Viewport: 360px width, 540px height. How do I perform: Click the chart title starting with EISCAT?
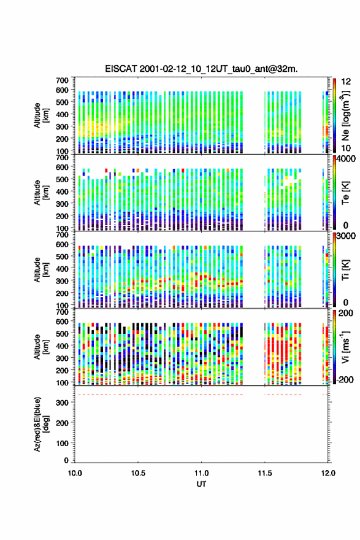point(201,69)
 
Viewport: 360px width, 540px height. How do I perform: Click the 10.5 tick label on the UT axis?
point(138,473)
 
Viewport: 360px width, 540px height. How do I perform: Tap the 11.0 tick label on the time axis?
point(201,473)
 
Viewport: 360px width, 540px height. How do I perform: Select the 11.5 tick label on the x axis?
point(265,473)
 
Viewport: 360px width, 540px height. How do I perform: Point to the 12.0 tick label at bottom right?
point(328,473)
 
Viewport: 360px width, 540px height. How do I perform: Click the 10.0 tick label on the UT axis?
point(75,473)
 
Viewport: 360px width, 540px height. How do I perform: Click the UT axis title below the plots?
point(201,484)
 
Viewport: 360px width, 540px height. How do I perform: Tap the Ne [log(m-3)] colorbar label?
point(345,116)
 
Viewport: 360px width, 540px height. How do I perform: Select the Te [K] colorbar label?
point(345,193)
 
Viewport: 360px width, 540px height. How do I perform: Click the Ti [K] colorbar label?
point(345,270)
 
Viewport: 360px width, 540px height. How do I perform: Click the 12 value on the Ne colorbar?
point(346,82)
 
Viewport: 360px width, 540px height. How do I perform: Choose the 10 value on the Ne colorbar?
point(346,148)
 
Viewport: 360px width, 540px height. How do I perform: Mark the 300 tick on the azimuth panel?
point(63,403)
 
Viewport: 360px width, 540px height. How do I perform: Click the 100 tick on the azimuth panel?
point(63,443)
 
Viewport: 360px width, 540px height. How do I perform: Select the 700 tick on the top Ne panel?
point(63,80)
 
